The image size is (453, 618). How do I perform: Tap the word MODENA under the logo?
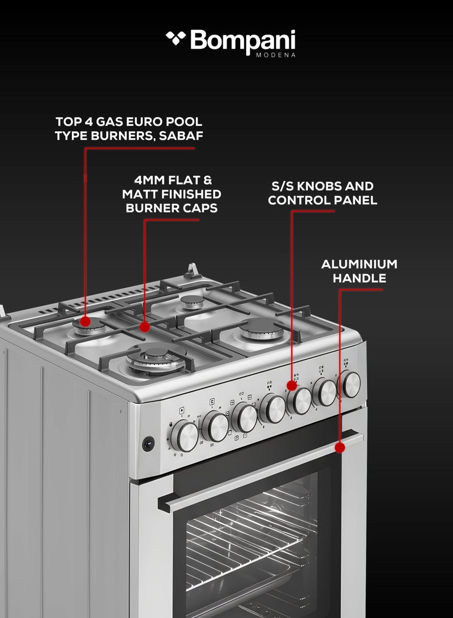[275, 55]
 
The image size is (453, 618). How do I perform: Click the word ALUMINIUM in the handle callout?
[359, 265]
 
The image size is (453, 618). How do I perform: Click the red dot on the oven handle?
[340, 447]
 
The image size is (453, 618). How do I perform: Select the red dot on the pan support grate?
[144, 327]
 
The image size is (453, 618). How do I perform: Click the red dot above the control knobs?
[292, 385]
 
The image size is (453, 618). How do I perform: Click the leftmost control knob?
[184, 436]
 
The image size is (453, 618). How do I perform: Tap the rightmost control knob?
[350, 384]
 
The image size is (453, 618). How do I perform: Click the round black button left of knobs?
[148, 444]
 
